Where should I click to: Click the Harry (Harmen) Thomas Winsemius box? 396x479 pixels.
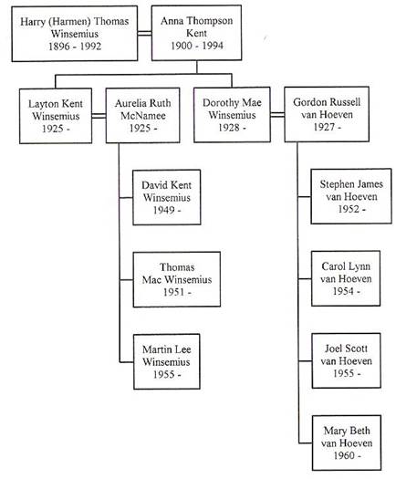[75, 34]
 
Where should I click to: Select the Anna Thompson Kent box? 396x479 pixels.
[196, 33]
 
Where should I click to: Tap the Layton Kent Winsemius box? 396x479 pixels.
[56, 116]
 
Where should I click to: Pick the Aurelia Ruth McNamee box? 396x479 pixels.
[142, 116]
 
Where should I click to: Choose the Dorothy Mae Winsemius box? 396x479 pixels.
[232, 115]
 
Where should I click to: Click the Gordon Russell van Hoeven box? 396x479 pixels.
[327, 114]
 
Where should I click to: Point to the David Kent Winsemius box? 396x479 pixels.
[167, 197]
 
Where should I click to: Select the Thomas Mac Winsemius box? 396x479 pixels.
[177, 279]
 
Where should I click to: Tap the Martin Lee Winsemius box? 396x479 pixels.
[167, 361]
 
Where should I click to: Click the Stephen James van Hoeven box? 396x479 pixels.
[351, 196]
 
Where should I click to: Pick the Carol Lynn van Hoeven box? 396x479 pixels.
[346, 278]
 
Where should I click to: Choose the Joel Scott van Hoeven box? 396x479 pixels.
[346, 360]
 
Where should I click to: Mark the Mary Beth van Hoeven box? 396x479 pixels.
[347, 443]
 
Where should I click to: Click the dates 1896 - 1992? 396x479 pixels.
[75, 47]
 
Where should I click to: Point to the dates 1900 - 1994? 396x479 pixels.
[197, 46]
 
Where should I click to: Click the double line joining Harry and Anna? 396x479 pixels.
[144, 33]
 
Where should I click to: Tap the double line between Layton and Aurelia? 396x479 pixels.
[99, 116]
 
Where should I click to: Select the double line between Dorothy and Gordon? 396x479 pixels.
[277, 115]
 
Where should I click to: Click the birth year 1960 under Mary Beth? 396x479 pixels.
[344, 455]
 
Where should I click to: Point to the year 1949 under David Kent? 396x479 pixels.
[163, 210]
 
